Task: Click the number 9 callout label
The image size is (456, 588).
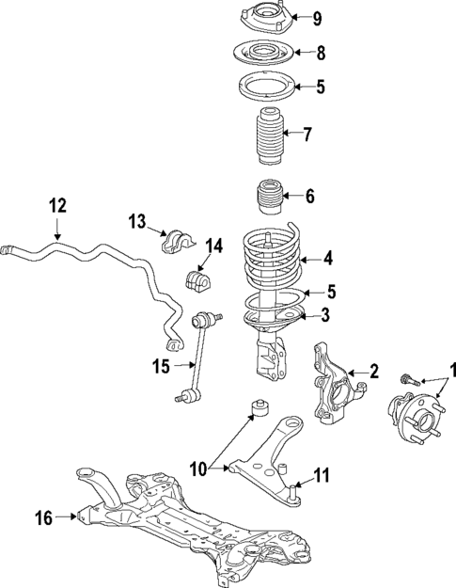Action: click(317, 18)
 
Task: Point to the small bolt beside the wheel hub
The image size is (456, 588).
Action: click(408, 379)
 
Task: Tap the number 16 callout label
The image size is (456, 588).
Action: click(42, 516)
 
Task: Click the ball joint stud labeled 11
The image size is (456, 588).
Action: click(294, 489)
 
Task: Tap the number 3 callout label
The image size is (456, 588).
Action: click(324, 313)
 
